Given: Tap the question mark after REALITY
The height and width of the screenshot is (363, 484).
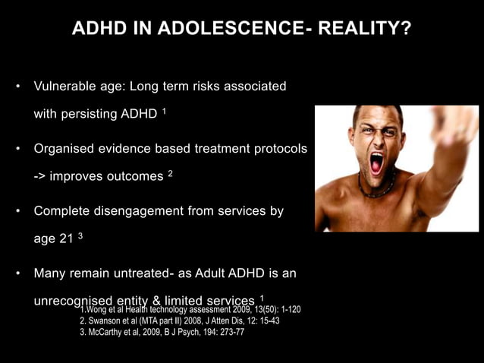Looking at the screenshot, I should [x=407, y=30].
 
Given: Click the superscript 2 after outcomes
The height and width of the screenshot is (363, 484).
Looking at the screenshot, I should [x=171, y=174].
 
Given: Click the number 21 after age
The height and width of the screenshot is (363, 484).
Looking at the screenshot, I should [x=67, y=239].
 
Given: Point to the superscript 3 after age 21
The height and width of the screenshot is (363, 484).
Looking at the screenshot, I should [x=80, y=236].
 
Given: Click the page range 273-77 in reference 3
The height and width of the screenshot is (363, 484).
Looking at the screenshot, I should [x=229, y=333].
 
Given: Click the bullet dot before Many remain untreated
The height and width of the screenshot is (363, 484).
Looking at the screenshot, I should [x=19, y=273].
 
